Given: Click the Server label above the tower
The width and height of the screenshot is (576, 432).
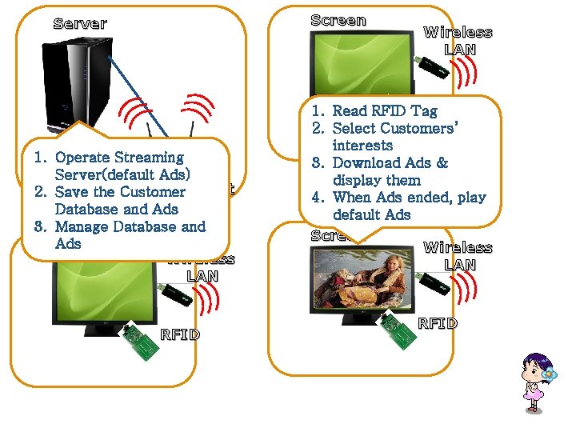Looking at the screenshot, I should tap(80, 23).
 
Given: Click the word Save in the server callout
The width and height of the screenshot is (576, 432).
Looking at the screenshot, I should tap(71, 192).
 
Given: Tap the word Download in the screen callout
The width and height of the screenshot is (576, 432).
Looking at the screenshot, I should tap(366, 163).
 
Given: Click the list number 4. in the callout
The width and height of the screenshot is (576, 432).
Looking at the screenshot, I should tap(318, 198).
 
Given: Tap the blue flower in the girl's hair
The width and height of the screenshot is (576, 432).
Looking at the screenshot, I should tap(548, 374).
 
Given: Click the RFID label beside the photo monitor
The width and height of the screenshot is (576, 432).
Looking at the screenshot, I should tap(438, 323).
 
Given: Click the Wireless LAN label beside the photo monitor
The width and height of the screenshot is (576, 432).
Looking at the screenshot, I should tap(458, 256).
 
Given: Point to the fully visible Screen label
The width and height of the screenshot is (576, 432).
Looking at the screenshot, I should tap(338, 21).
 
